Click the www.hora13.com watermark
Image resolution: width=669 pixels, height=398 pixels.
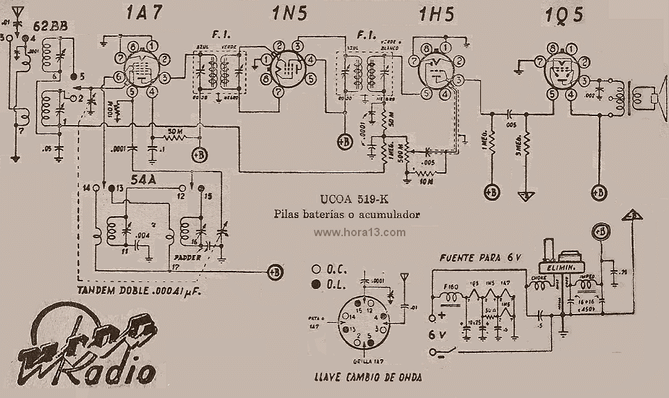[359, 233]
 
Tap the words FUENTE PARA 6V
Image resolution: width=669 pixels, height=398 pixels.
[480, 258]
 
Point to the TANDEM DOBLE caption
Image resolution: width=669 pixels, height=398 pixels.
[139, 291]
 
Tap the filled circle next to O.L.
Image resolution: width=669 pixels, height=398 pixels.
[316, 283]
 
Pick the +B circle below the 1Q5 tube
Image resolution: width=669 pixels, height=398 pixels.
[598, 191]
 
